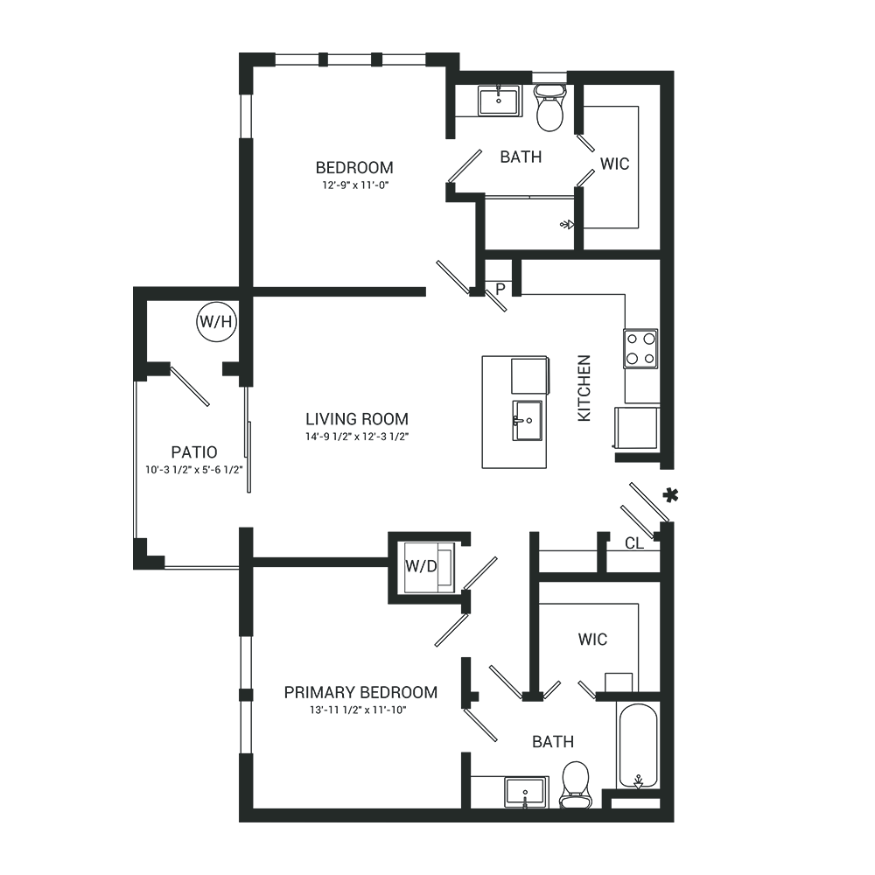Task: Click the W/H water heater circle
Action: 215,321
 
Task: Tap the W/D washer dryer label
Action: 420,567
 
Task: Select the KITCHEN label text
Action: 584,388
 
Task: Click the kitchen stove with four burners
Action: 640,347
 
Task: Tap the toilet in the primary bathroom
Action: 575,783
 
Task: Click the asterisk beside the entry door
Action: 670,496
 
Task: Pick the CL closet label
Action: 633,543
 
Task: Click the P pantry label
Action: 500,287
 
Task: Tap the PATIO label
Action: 194,452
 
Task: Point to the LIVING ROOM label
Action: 357,419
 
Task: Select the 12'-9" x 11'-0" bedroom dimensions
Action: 354,185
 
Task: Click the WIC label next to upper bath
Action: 614,164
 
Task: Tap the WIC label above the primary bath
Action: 592,640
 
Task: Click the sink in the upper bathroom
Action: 500,101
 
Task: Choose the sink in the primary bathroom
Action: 525,793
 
